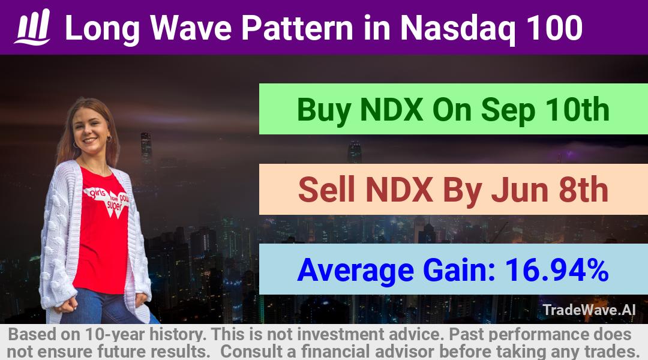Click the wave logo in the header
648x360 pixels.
pos(33,27)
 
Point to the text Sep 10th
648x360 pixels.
pos(545,110)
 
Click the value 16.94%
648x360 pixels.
pos(557,270)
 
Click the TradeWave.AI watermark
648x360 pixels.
pos(589,310)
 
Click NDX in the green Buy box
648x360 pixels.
pos(391,110)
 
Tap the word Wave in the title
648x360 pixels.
pos(191,28)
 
